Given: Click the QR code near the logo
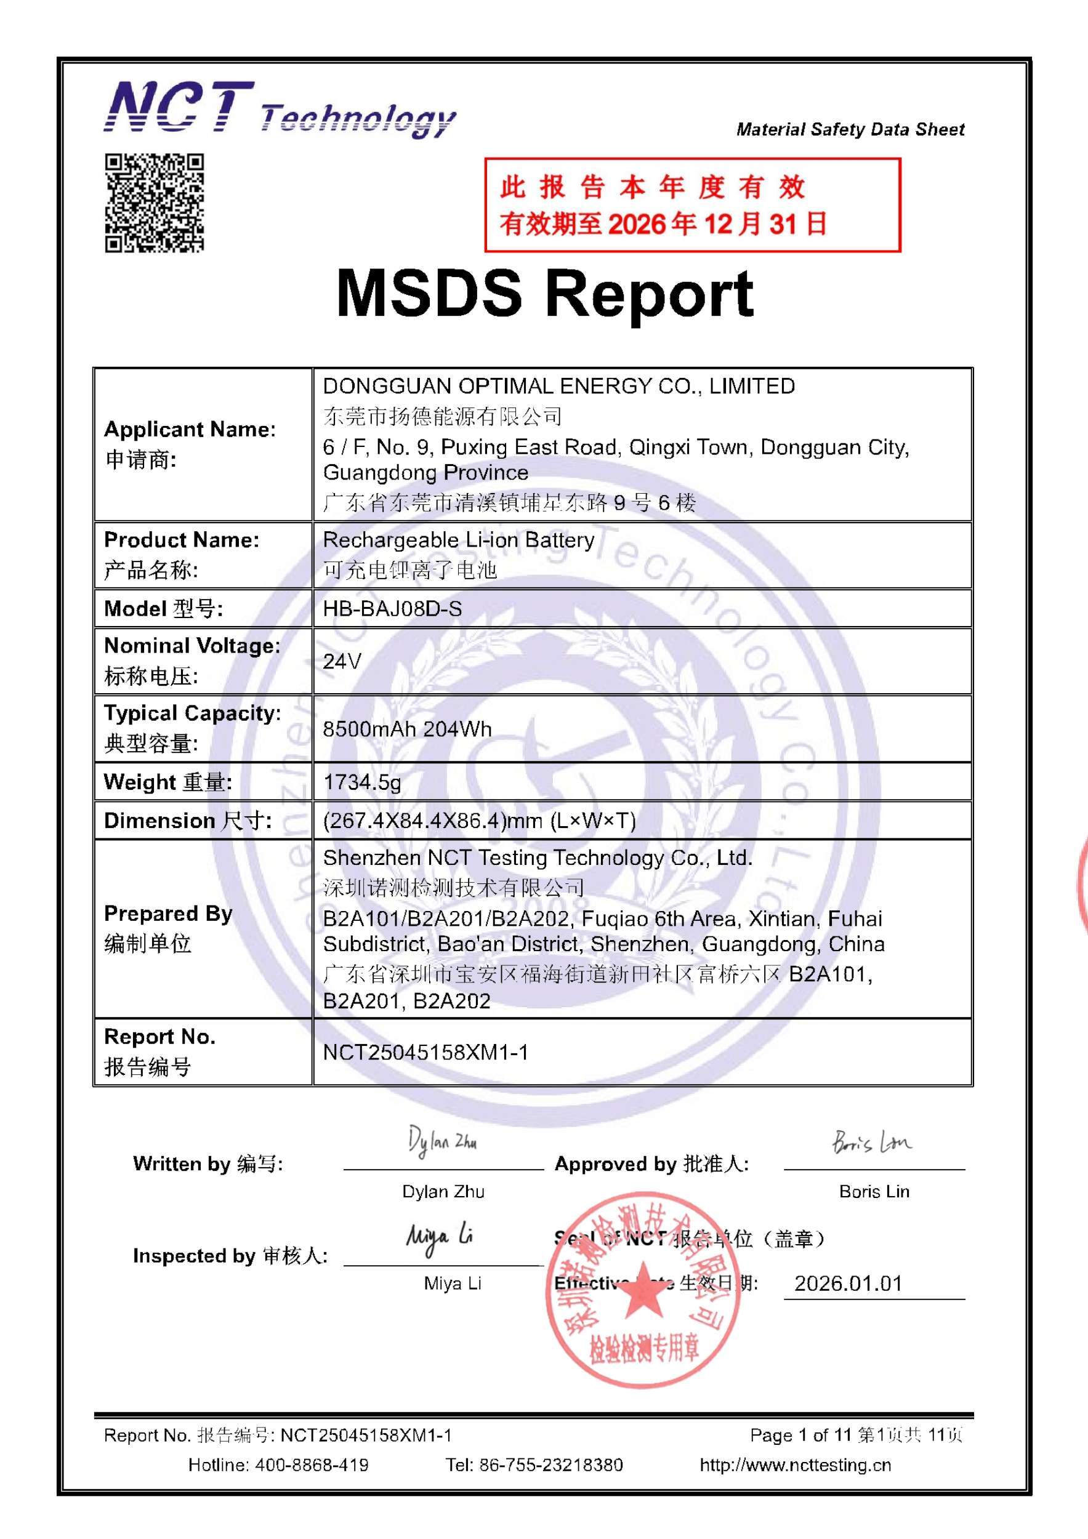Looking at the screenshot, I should point(154,203).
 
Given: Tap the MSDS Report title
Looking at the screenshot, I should point(544,294).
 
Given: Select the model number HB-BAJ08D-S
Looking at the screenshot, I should point(392,609).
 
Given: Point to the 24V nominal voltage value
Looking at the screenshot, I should point(342,662).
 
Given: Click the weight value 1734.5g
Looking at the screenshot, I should point(362,782).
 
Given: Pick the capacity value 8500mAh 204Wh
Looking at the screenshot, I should point(407,729).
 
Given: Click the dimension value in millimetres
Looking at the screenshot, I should point(478,821).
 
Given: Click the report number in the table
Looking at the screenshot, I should point(425,1052).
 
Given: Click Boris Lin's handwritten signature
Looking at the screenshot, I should point(871,1141).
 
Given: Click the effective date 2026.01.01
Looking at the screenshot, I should point(848,1284).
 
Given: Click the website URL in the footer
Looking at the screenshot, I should point(795,1465).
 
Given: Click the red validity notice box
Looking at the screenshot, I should point(692,205).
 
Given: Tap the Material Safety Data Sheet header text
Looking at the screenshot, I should point(850,129).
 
